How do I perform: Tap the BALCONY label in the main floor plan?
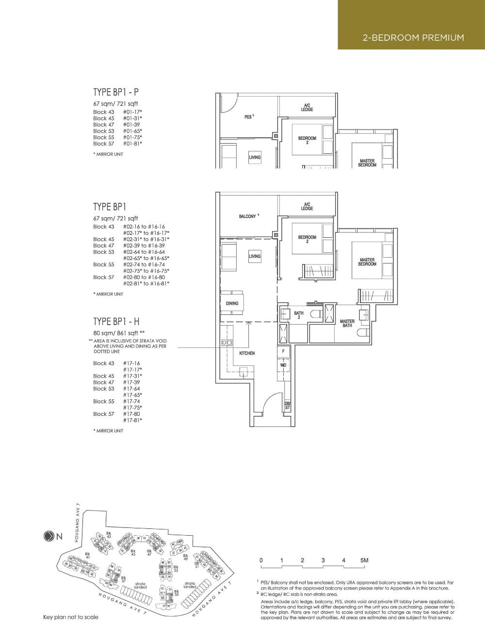tap(247, 216)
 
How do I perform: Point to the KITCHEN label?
tap(247, 353)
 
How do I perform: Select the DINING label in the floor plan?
tap(232, 303)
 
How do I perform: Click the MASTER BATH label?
tap(347, 323)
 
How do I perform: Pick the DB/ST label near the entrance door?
tap(287, 406)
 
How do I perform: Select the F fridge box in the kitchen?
tap(283, 351)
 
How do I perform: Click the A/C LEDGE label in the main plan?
tap(307, 206)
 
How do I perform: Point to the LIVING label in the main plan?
tap(255, 256)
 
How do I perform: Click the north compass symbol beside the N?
tap(49, 536)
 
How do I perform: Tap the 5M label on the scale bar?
tap(364, 560)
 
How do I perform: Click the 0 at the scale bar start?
tap(261, 560)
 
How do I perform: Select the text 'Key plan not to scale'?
tap(70, 617)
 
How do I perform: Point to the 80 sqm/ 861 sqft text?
tap(119, 333)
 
